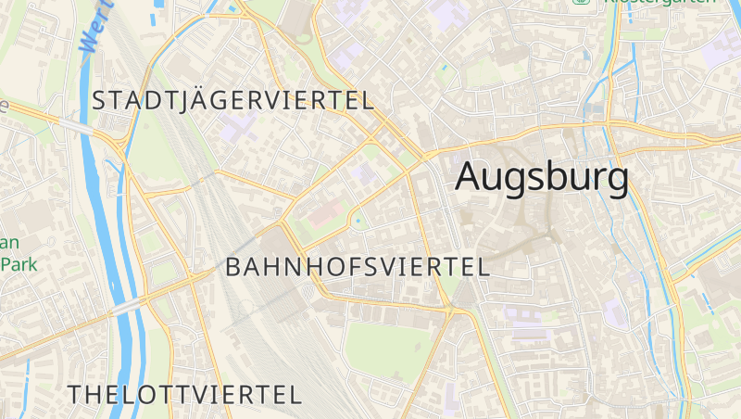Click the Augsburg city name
pyautogui.click(x=542, y=177)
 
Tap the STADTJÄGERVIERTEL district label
pyautogui.click(x=232, y=100)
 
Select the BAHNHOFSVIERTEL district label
pyautogui.click(x=358, y=267)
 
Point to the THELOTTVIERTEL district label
pyautogui.click(x=184, y=394)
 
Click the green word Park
pyautogui.click(x=19, y=264)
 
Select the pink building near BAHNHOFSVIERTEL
pyautogui.click(x=324, y=215)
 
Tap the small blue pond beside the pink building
pyautogui.click(x=358, y=221)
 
